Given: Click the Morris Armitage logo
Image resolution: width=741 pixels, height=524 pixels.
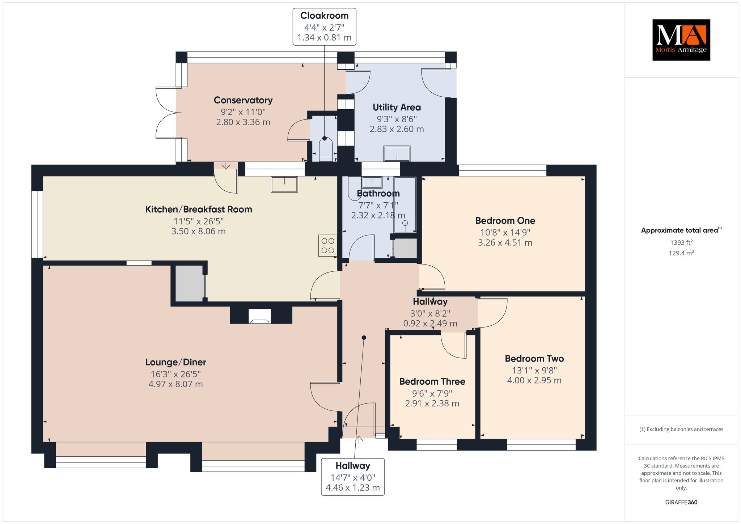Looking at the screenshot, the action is (x=681, y=40).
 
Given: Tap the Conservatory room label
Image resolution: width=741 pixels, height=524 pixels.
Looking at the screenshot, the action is (x=243, y=100).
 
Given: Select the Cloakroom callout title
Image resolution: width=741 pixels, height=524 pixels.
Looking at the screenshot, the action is (x=324, y=16).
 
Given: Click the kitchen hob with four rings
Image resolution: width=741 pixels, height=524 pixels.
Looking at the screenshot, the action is (x=328, y=246).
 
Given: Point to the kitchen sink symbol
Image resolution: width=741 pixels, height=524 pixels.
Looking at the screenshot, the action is (x=284, y=184).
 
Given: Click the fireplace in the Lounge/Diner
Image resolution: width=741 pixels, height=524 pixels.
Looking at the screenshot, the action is (x=260, y=316).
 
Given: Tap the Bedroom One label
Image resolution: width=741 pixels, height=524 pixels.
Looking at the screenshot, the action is (x=505, y=221).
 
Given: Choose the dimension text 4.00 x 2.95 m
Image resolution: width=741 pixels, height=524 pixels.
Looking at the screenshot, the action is (x=534, y=380).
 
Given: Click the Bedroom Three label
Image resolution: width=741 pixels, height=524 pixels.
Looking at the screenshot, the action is (x=432, y=381).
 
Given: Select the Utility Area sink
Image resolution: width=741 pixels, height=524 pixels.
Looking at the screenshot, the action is (x=397, y=154).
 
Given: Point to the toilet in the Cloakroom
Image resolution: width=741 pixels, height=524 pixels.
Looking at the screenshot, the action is (x=325, y=149).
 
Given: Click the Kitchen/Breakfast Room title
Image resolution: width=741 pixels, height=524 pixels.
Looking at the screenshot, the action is (x=199, y=209).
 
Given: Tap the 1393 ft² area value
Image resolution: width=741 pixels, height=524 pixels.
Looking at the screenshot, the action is (x=681, y=242).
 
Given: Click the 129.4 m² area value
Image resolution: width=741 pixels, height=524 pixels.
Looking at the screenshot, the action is (x=681, y=253).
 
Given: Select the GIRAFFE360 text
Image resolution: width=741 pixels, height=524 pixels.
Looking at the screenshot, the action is (x=681, y=502).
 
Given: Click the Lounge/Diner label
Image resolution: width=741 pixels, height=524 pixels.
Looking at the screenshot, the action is (x=176, y=362).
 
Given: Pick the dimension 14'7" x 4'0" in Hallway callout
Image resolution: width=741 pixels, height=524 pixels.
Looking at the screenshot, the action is (x=353, y=478).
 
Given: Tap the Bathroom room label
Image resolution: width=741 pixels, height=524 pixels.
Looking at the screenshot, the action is (x=378, y=194).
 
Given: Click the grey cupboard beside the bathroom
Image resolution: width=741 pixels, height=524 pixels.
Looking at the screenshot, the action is (x=405, y=248).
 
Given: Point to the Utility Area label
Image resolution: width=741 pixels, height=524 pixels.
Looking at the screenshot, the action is (x=397, y=107).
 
